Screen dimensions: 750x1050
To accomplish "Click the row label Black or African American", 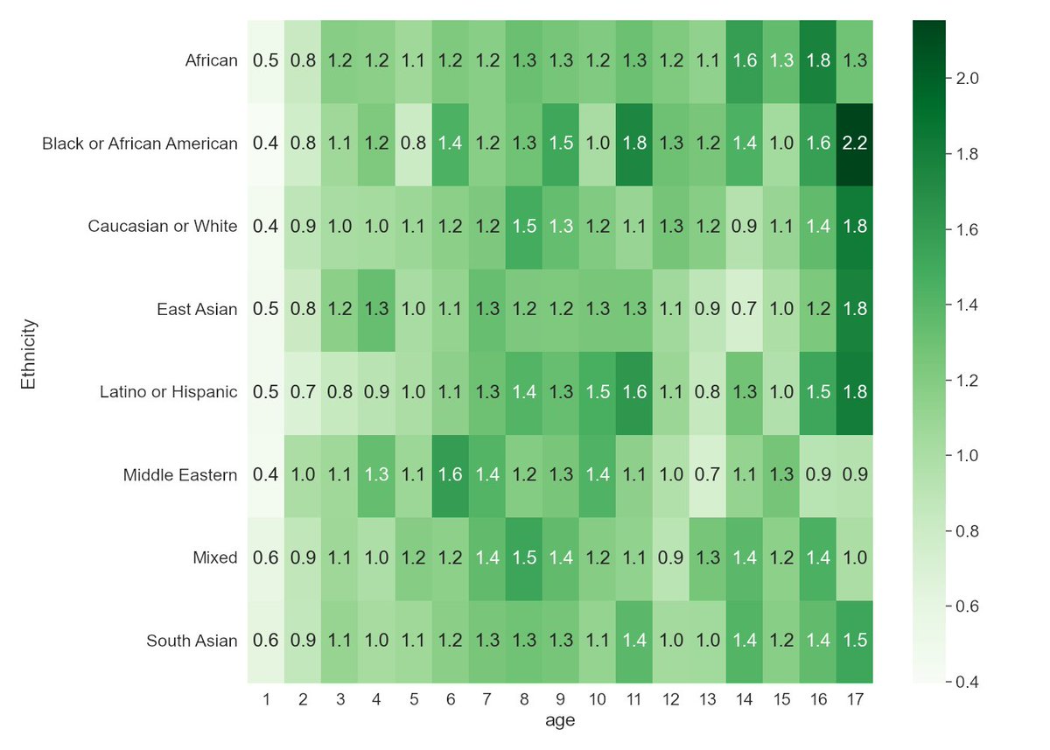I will (140, 144).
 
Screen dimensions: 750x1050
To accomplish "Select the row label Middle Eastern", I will (180, 475).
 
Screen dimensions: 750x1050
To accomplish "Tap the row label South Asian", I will (192, 641).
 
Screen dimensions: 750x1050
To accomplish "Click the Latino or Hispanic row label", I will (169, 392).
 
